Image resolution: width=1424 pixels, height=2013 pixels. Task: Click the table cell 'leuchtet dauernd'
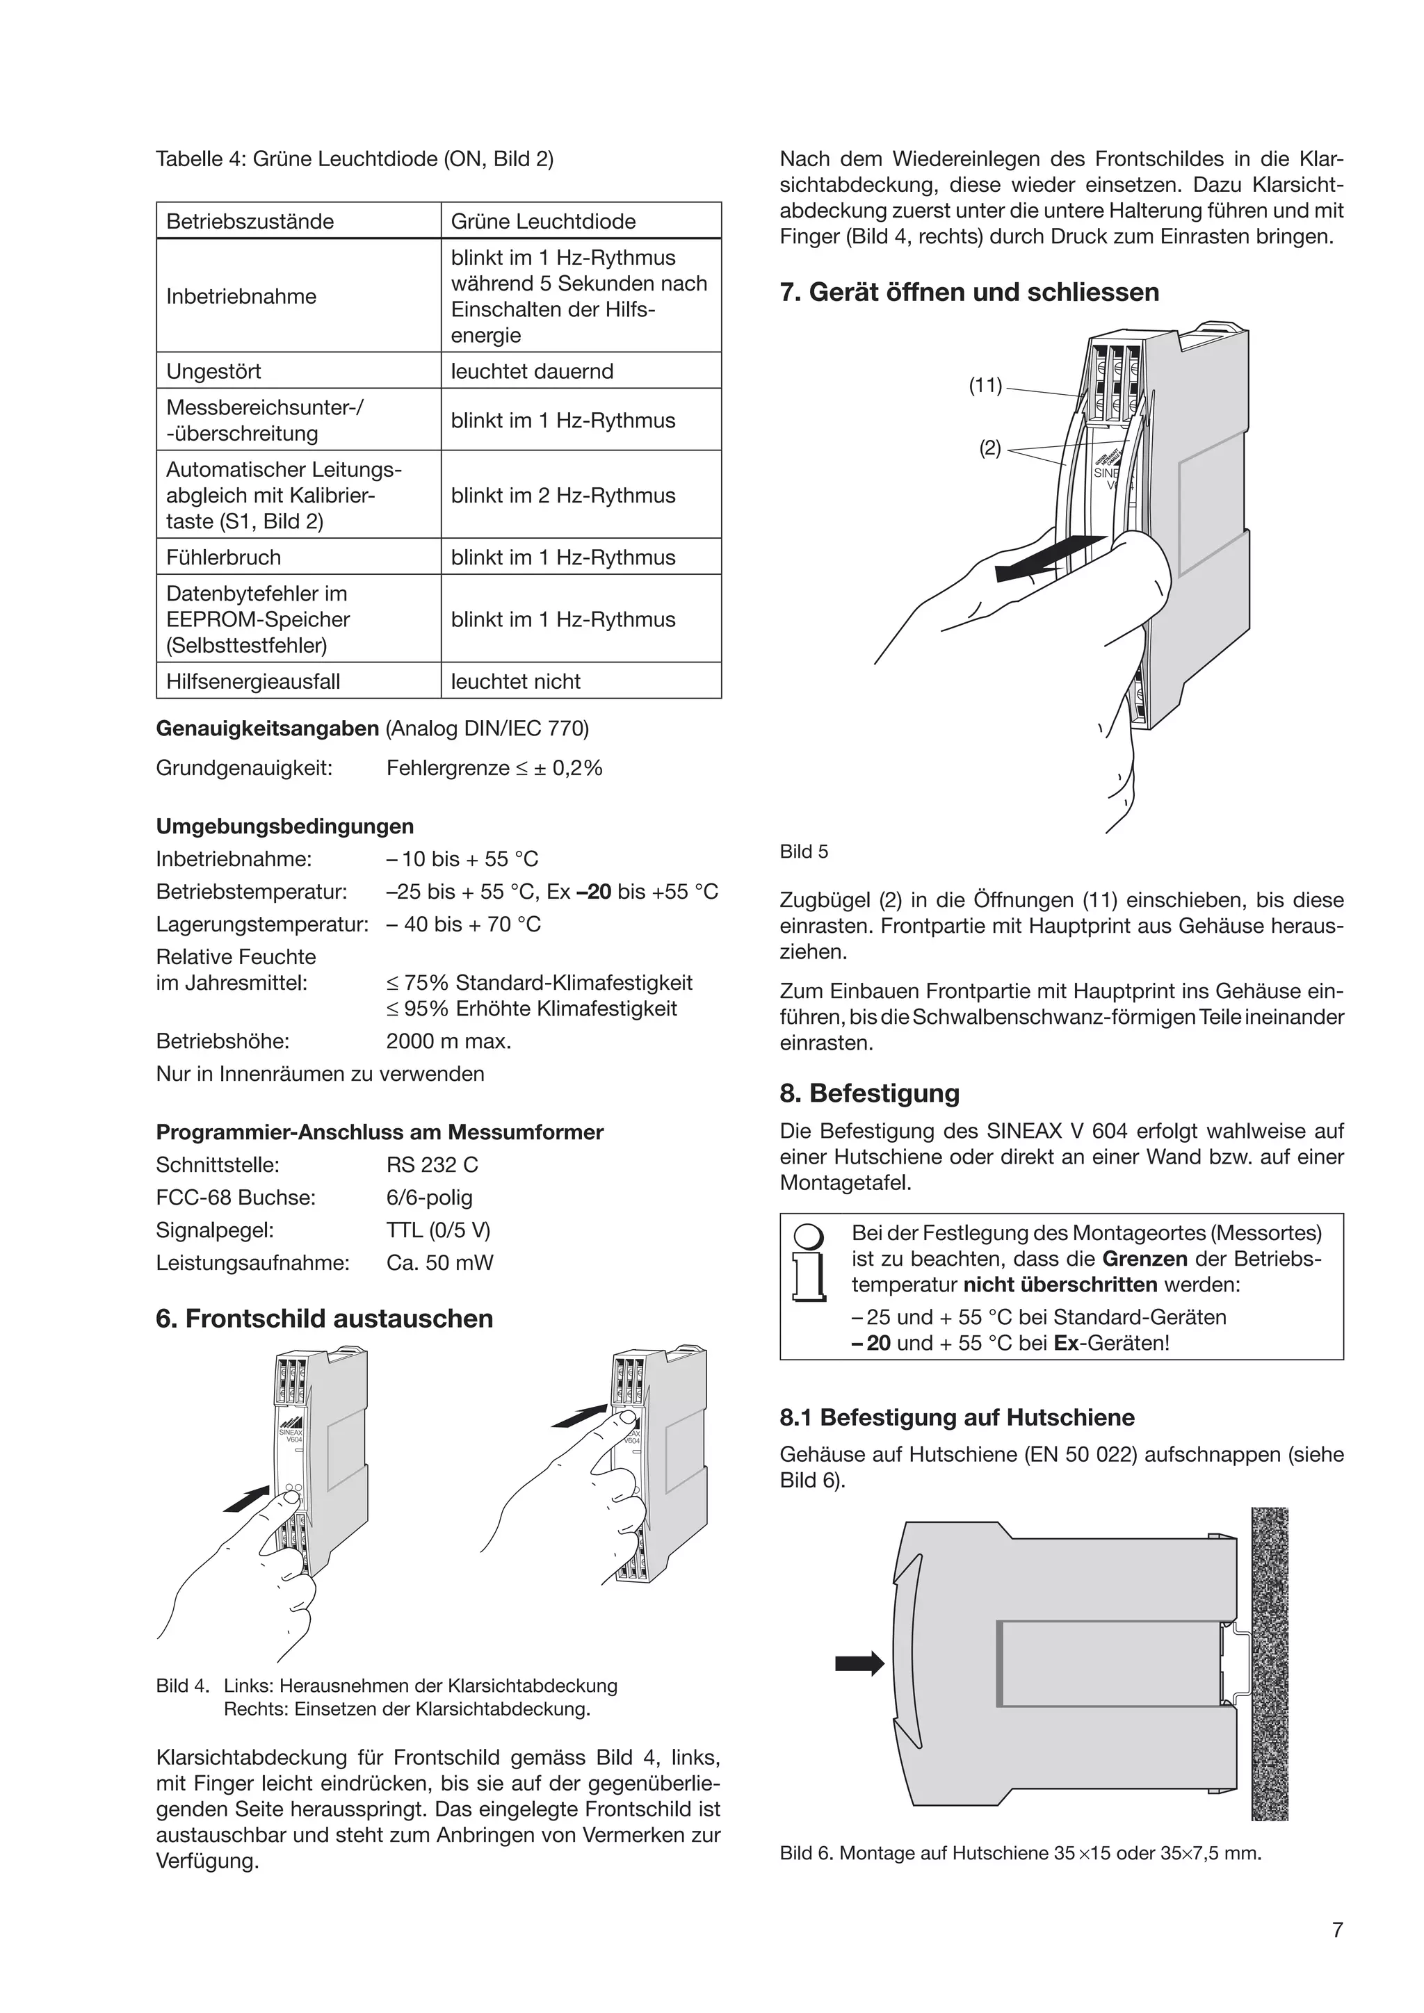[x=531, y=371]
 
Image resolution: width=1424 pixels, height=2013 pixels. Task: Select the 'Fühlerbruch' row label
[x=224, y=557]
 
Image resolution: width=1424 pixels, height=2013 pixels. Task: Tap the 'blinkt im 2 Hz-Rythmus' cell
[x=563, y=496]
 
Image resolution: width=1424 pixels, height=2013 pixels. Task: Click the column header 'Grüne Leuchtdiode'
[x=543, y=221]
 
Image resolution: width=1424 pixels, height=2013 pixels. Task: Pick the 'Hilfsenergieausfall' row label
[x=252, y=681]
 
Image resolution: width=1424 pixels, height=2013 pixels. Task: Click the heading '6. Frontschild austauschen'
[x=325, y=1318]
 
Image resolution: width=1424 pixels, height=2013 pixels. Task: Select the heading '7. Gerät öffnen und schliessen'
[x=969, y=292]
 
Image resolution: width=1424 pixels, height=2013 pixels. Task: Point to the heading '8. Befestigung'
[x=869, y=1093]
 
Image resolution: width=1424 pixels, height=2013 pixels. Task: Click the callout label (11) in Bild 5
[x=985, y=385]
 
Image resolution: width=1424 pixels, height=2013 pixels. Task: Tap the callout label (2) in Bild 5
[x=989, y=448]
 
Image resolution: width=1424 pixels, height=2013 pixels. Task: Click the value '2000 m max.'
[x=448, y=1041]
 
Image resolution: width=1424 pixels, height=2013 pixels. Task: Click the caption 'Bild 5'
[x=803, y=851]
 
